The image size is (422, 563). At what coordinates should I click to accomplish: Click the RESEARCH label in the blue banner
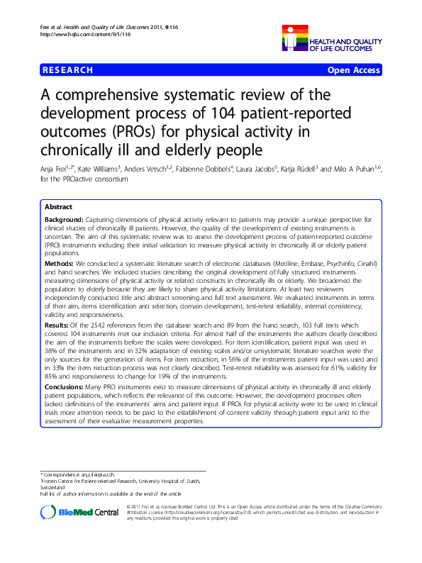(68, 70)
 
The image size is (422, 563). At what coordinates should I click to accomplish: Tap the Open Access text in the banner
(353, 70)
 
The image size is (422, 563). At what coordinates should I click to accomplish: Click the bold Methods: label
(59, 263)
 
